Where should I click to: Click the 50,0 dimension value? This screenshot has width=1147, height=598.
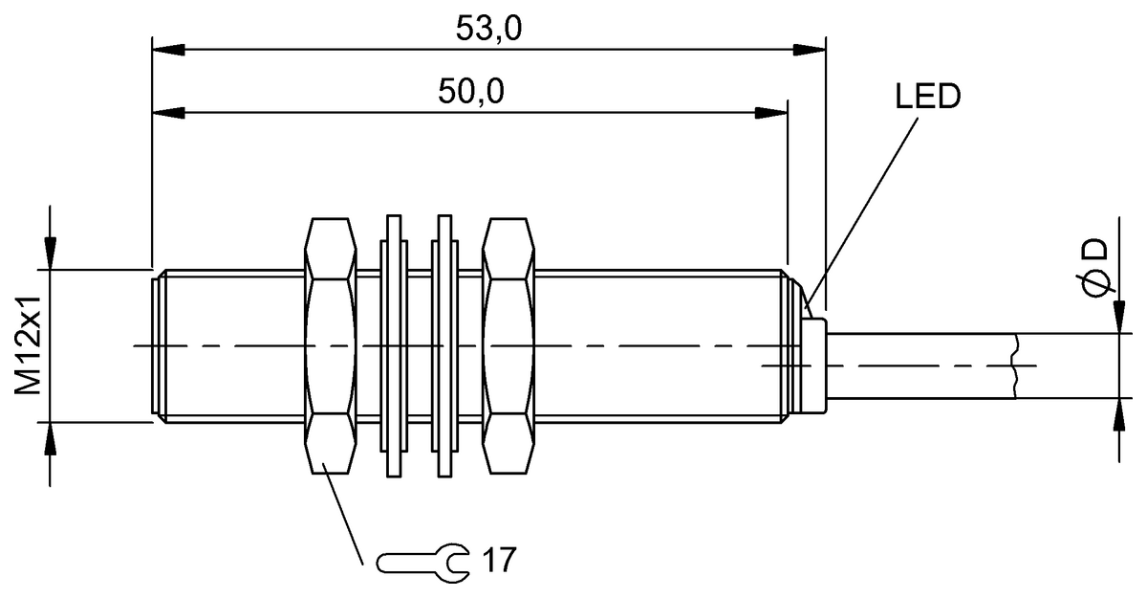point(471,92)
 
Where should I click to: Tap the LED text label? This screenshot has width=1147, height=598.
point(927,97)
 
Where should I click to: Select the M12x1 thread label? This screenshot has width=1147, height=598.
point(28,344)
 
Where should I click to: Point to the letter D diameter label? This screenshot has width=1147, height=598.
point(1095,250)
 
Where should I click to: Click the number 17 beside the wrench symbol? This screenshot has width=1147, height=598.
point(498,559)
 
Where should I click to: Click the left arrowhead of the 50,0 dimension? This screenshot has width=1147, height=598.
point(167,114)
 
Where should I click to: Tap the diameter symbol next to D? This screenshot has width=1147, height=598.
point(1095,285)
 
